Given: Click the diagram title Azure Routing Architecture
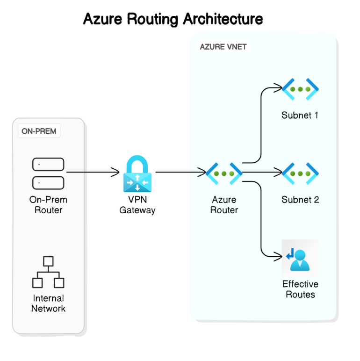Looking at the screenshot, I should [173, 19].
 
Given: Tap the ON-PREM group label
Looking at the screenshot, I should [39, 131].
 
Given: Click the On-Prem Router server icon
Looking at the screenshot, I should [48, 172].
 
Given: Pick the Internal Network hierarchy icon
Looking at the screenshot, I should [48, 272].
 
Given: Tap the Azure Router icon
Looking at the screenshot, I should [224, 173].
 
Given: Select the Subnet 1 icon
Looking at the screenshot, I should [300, 89].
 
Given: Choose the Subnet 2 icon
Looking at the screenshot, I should [300, 173].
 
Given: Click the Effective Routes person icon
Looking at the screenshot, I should [300, 257].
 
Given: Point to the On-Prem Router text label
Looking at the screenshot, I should [48, 205].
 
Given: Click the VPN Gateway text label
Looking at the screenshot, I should [137, 205].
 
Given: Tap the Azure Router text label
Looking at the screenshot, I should [224, 205].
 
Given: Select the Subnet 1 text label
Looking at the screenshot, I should [300, 115].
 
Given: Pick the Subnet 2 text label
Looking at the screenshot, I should [300, 200].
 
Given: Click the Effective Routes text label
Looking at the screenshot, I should [300, 289].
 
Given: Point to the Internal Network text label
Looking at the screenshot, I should [48, 303].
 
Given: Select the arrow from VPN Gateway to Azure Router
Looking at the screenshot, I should [180, 172].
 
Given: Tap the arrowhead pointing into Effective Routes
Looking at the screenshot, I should [278, 257].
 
